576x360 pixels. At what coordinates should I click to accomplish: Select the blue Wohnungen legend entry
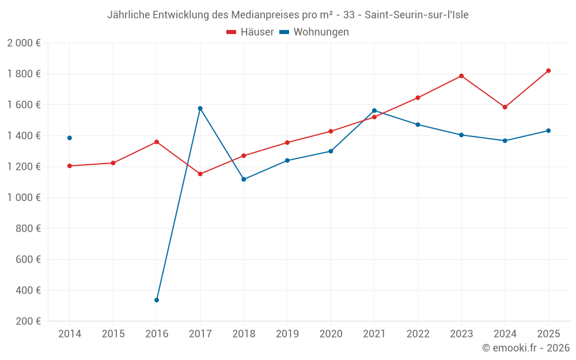(314, 32)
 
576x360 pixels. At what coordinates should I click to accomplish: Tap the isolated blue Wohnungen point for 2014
(70, 138)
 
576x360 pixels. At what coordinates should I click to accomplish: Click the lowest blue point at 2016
(157, 300)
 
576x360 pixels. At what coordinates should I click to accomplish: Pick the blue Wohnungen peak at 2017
(200, 108)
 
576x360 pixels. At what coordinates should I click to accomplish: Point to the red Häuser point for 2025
(548, 71)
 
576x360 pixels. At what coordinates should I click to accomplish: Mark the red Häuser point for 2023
(461, 76)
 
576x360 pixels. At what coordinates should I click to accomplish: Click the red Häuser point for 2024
(505, 107)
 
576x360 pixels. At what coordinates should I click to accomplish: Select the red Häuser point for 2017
(200, 174)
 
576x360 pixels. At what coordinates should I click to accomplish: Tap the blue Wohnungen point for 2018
(244, 179)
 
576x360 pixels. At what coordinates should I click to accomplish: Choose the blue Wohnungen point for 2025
(548, 131)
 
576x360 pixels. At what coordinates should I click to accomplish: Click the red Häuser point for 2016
(157, 142)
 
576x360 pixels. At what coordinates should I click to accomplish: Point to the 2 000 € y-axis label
(24, 43)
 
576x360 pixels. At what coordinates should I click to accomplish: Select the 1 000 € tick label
(24, 198)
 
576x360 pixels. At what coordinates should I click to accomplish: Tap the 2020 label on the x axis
(331, 334)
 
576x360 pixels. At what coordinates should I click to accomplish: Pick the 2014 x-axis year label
(70, 334)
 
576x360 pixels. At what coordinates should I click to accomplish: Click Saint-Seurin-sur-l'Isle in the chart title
(416, 15)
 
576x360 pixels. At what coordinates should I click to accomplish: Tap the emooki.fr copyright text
(526, 348)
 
